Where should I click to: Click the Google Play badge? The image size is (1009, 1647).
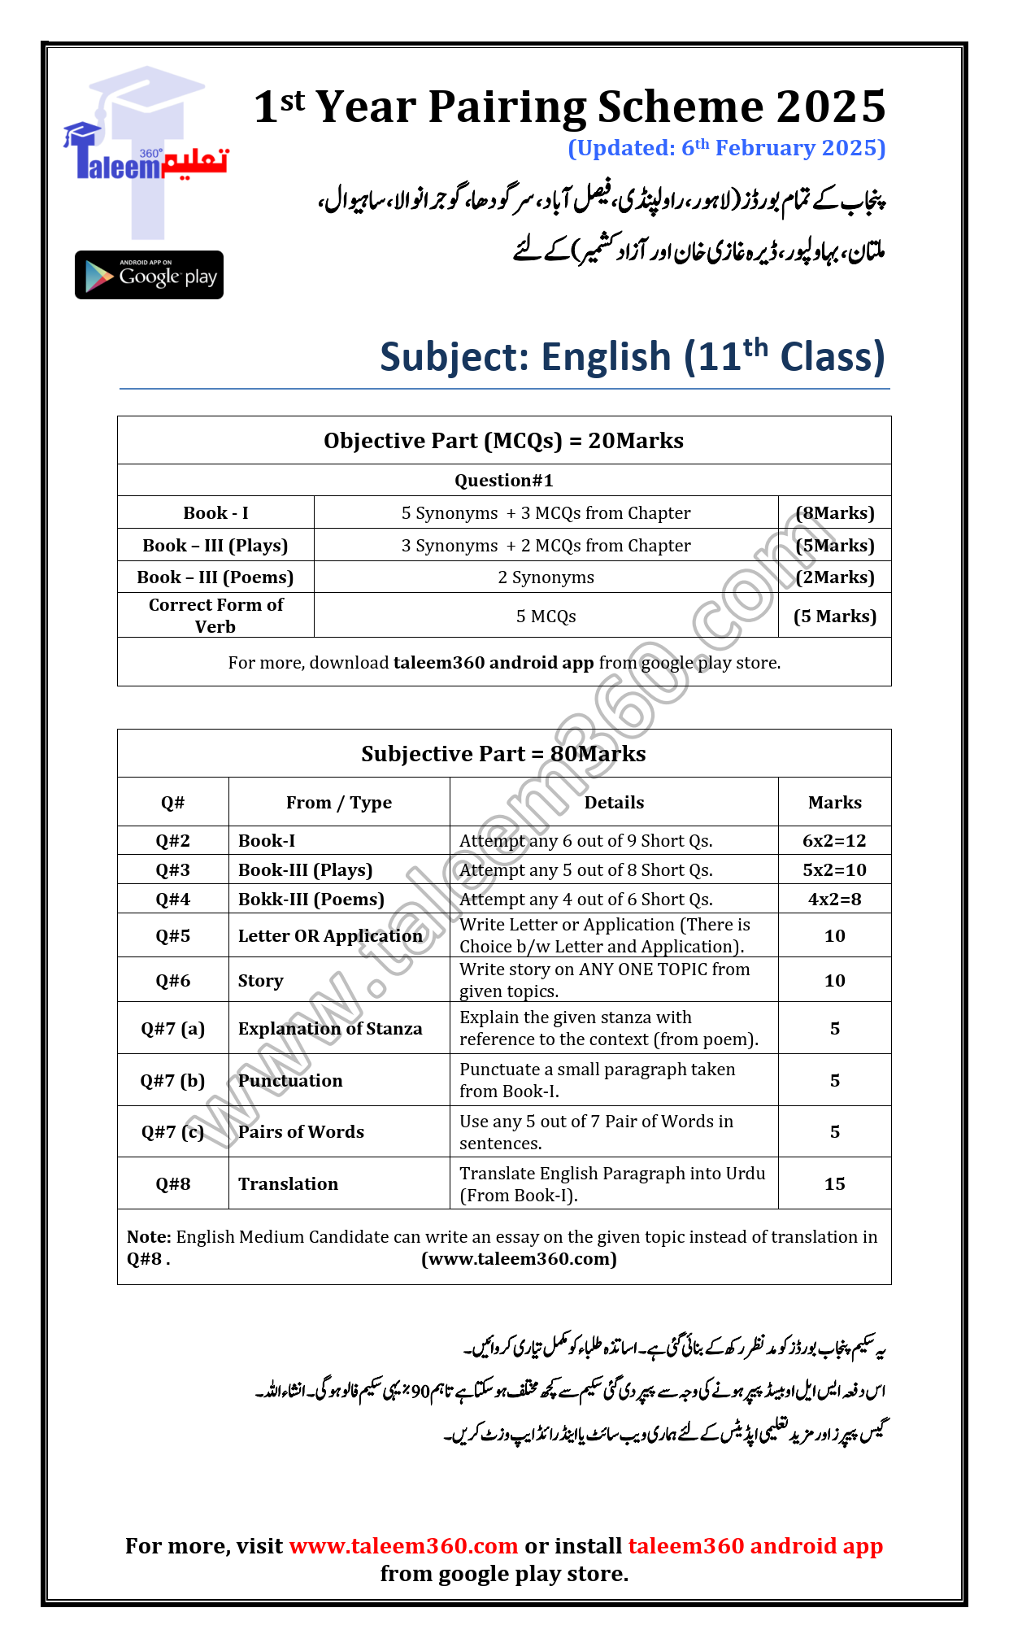point(149,275)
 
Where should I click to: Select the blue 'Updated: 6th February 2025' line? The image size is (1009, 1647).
point(726,148)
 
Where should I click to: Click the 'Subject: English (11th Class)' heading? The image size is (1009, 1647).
point(632,357)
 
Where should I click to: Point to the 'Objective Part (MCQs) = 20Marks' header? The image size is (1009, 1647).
point(503,441)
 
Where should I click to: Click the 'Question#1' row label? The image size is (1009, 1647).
point(503,481)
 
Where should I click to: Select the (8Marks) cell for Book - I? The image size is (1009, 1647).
point(834,513)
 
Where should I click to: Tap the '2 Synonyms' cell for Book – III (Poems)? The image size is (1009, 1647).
point(546,577)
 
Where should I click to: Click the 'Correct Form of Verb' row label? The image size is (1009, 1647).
point(215,616)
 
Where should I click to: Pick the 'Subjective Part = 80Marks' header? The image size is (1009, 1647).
point(503,754)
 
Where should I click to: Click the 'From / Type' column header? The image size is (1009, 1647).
point(338,803)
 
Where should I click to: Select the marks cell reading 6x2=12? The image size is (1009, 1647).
point(834,841)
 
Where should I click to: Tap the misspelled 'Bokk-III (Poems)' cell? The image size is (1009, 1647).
point(311,900)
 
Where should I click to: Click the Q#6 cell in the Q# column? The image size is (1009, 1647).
point(172,981)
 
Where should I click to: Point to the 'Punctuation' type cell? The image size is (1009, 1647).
point(290,1081)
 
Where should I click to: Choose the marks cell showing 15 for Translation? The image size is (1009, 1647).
point(834,1184)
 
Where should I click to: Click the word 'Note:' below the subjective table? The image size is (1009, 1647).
point(149,1237)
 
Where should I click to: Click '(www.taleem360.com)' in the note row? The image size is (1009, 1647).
point(519,1259)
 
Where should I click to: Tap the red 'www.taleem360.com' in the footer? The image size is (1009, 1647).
point(403,1546)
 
